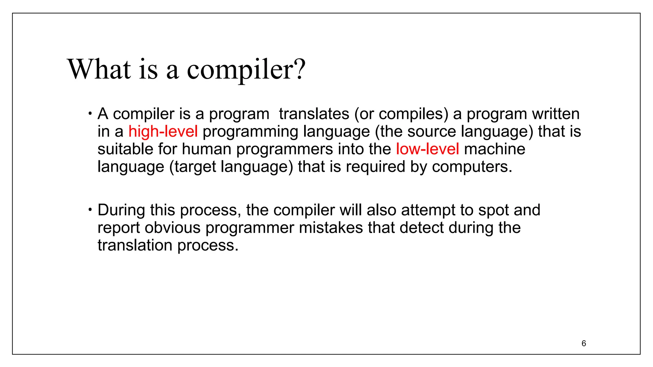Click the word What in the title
[99, 69]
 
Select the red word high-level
[163, 131]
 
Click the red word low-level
[427, 149]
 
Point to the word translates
[314, 114]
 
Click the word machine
[495, 149]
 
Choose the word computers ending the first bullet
[472, 167]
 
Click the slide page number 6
[584, 343]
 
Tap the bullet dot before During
[91, 210]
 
